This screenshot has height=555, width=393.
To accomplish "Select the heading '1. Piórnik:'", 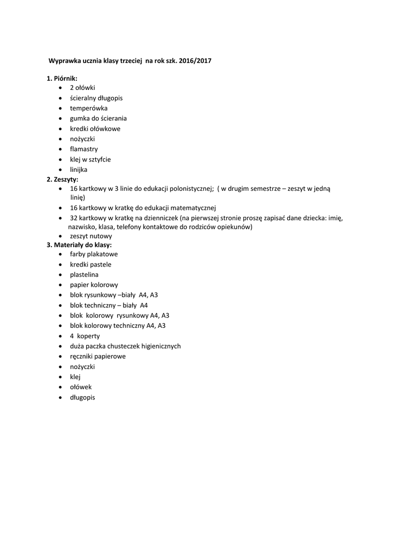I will point(62,79).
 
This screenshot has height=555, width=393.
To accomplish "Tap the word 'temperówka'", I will point(88,108).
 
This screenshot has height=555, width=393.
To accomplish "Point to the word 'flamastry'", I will point(83,149).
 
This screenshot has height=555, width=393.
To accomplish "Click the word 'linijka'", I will point(78,170).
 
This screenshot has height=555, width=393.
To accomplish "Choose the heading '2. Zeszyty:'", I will point(62,179).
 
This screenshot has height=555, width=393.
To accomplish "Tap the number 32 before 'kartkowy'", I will point(74,218).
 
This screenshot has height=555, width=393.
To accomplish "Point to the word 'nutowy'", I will point(102,236).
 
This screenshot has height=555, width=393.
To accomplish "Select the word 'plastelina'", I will point(84,274).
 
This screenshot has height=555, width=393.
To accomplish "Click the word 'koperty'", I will point(88,336).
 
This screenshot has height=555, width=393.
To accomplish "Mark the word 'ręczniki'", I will point(82,356).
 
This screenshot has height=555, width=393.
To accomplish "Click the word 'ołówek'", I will point(81,387).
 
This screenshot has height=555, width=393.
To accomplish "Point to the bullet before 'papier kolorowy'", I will point(60,285).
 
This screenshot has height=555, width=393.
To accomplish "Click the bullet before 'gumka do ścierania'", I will point(60,119).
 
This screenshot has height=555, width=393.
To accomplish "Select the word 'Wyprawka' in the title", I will point(64,61).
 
